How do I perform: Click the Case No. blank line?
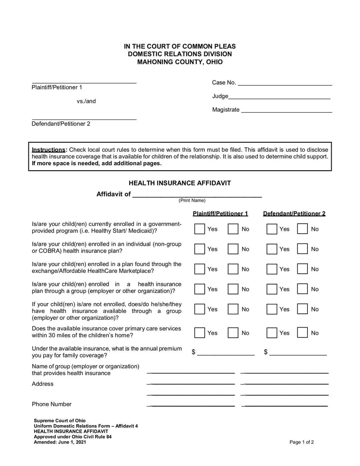(284, 84)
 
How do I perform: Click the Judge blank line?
(279, 98)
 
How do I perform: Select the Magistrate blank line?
(286, 111)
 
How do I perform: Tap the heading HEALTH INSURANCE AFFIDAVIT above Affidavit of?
(180, 183)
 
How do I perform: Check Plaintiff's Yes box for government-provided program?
(199, 229)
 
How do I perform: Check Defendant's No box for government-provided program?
(302, 229)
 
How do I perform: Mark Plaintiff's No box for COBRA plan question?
(233, 249)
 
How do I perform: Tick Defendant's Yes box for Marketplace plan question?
(271, 269)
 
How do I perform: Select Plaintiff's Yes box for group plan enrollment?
(199, 289)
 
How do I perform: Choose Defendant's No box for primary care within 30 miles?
(302, 333)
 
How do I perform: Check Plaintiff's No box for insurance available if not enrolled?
(233, 309)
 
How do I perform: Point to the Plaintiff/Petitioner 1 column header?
(220, 213)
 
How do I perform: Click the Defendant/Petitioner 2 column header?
(294, 213)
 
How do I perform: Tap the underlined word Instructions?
(48, 149)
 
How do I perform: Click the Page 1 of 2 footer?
(301, 442)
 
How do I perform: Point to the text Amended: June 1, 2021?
(60, 442)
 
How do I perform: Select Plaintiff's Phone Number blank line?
(191, 405)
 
